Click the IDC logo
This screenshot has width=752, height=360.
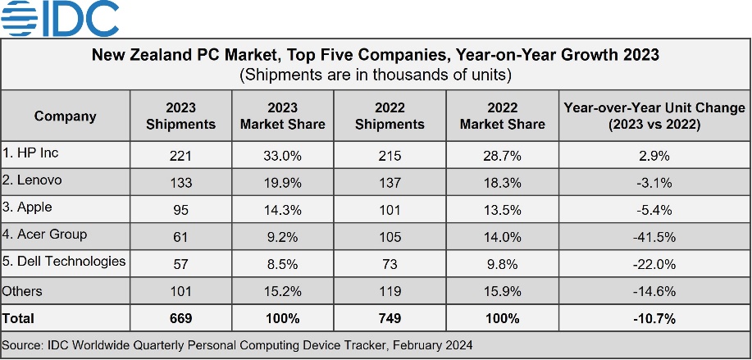tap(60, 19)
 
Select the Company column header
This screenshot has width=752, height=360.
tap(66, 116)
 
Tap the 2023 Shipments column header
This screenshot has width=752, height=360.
tap(180, 116)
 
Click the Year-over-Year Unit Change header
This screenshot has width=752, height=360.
tap(654, 116)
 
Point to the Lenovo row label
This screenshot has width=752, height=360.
tap(32, 180)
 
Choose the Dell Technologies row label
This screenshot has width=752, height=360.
tap(64, 262)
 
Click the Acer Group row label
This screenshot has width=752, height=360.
tap(44, 235)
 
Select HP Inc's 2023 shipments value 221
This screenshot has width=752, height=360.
tap(180, 156)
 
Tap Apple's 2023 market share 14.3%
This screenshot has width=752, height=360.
tap(282, 210)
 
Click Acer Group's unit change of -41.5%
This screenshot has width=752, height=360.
tap(654, 237)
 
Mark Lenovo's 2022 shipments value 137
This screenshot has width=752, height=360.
tap(390, 183)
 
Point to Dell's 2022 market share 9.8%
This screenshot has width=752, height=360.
tap(502, 264)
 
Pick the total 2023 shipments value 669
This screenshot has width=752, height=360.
tap(180, 318)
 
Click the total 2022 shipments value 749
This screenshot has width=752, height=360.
tap(390, 318)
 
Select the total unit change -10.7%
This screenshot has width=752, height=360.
tap(654, 318)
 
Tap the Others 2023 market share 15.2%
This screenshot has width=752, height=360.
tap(282, 291)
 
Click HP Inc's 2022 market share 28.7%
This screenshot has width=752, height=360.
tap(502, 156)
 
